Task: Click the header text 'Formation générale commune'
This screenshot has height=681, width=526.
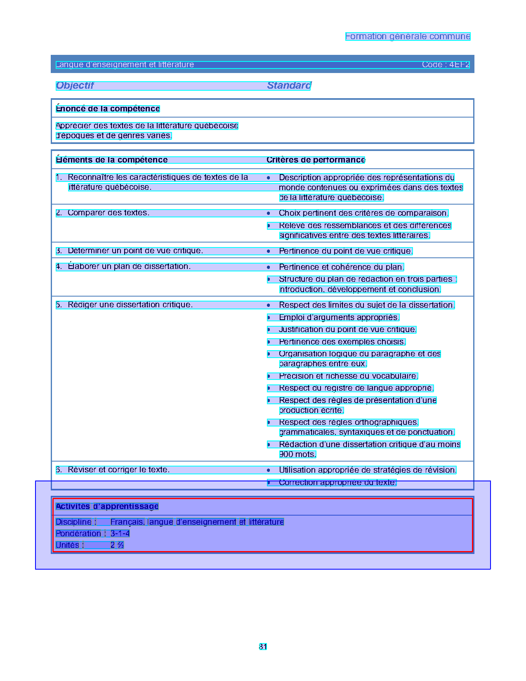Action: (408, 36)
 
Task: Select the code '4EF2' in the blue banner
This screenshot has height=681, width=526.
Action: (459, 65)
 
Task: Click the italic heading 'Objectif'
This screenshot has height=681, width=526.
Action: (75, 85)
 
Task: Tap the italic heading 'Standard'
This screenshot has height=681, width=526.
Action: (289, 85)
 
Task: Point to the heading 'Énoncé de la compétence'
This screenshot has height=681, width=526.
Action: (108, 108)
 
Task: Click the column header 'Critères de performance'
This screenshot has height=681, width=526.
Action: (316, 160)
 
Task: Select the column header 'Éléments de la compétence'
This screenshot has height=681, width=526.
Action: (112, 160)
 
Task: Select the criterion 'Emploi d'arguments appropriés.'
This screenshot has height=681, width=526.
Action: (339, 317)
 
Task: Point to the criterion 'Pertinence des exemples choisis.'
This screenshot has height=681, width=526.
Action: (342, 342)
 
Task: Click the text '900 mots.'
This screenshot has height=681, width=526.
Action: (297, 455)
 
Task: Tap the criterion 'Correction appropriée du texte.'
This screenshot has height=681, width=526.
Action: (337, 483)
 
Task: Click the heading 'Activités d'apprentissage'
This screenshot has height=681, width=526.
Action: (107, 507)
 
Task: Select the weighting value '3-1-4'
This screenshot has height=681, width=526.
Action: (120, 534)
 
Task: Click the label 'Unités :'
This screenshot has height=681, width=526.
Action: (70, 545)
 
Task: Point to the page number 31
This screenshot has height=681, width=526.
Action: (263, 647)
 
